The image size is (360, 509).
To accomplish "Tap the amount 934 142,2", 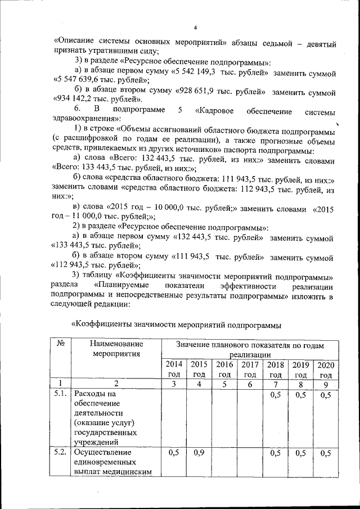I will pyautogui.click(x=73, y=98).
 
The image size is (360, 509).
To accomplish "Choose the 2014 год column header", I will pyautogui.click(x=173, y=370).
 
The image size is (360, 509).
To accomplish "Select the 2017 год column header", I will pyautogui.click(x=250, y=370).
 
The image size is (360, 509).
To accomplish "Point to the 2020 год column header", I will pyautogui.click(x=326, y=370).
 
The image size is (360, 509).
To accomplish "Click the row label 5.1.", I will pyautogui.click(x=59, y=394).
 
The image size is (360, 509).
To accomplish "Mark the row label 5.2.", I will pyautogui.click(x=59, y=453).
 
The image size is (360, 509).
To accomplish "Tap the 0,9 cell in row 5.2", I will pyautogui.click(x=198, y=453).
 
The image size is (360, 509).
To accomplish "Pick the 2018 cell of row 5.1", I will pyautogui.click(x=275, y=395).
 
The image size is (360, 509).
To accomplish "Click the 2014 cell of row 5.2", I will pyautogui.click(x=173, y=453).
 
